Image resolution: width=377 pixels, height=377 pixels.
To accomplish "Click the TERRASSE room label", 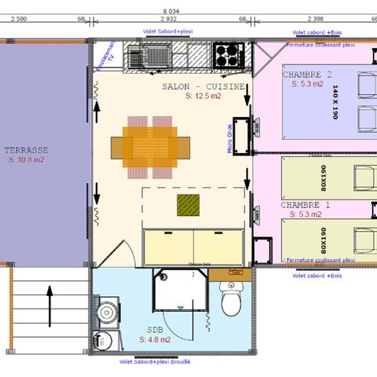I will [26, 149].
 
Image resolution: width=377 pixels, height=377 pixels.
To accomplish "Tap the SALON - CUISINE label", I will [203, 86].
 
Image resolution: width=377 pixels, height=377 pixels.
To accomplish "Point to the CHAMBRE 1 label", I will [302, 204].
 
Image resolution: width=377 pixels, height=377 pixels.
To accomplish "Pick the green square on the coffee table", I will [188, 206].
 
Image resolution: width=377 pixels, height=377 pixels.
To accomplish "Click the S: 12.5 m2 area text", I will [203, 97].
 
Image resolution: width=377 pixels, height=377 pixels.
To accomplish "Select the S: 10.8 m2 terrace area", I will [26, 159].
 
